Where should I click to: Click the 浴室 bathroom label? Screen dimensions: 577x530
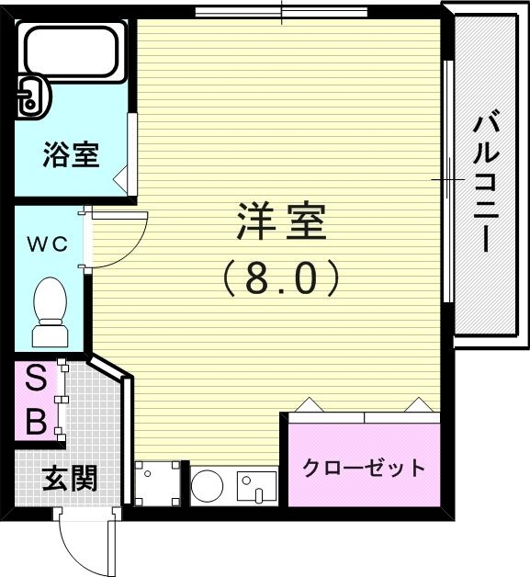pyautogui.click(x=71, y=155)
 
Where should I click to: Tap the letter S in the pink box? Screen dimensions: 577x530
pyautogui.click(x=35, y=379)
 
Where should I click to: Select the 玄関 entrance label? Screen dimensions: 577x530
pyautogui.click(x=70, y=478)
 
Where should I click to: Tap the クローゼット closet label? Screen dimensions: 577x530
pyautogui.click(x=365, y=468)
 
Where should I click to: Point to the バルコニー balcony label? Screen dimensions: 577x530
pyautogui.click(x=489, y=181)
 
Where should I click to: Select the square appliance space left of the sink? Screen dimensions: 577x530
pyautogui.click(x=158, y=482)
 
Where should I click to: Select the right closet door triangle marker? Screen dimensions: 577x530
pyautogui.click(x=419, y=405)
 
